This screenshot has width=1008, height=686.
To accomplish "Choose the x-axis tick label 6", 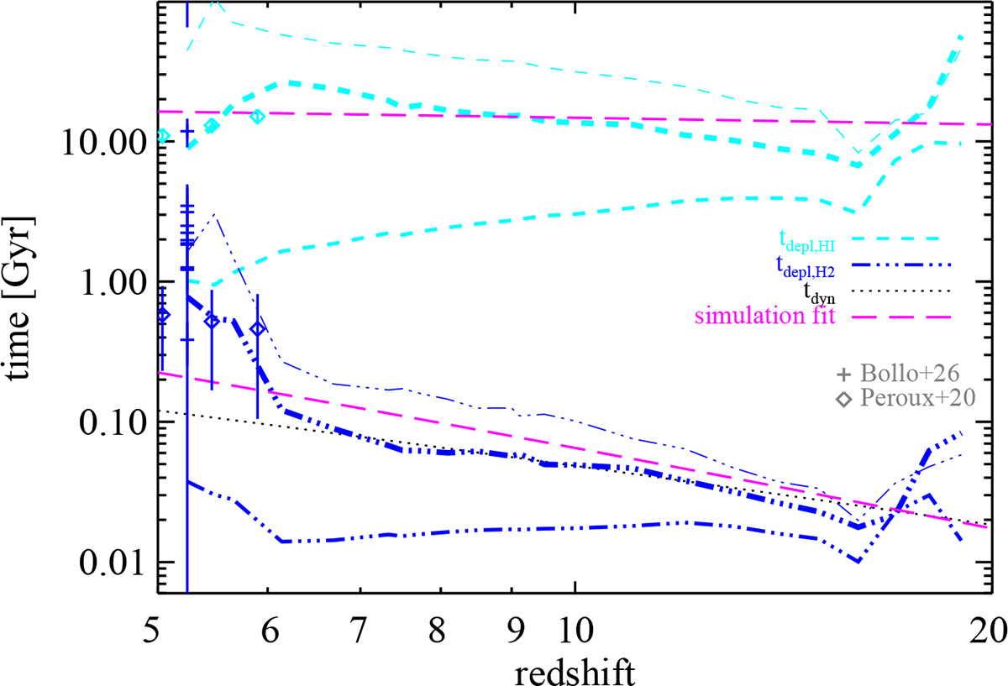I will point(267,627).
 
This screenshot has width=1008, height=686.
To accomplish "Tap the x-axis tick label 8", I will point(440,627).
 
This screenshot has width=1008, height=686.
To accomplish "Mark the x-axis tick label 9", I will point(511,627).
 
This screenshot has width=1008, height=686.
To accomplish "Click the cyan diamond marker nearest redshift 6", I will point(258,116).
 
